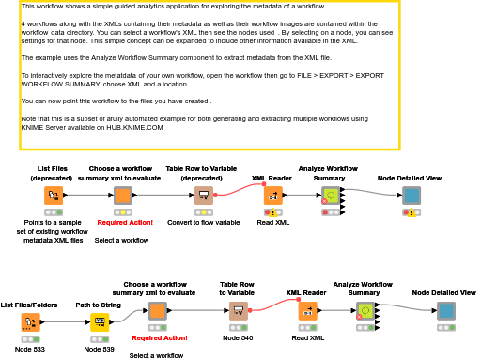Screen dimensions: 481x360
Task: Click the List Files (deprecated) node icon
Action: pos(54,196)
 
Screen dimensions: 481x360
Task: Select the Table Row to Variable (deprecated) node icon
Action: pos(203,196)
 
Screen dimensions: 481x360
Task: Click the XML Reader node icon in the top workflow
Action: pos(272,196)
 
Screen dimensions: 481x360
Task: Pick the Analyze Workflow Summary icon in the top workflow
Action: pos(330,196)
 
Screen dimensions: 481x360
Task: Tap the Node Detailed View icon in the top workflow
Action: pos(411,196)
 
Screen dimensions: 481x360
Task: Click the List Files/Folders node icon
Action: pos(30,322)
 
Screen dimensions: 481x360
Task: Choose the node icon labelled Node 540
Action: pos(239,311)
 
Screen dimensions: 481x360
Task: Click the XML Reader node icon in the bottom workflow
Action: pos(307,311)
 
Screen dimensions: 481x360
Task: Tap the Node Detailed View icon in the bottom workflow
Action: pos(445,311)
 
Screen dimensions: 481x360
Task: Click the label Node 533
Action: pos(30,349)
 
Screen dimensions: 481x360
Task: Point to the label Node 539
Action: pos(100,349)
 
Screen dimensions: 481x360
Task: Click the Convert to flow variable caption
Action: pos(204,222)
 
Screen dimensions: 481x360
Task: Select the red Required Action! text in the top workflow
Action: pos(122,222)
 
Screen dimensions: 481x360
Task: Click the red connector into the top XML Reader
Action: pos(240,187)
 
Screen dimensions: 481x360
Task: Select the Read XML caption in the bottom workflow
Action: pos(307,337)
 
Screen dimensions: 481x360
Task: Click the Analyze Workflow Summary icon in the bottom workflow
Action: pos(365,311)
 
